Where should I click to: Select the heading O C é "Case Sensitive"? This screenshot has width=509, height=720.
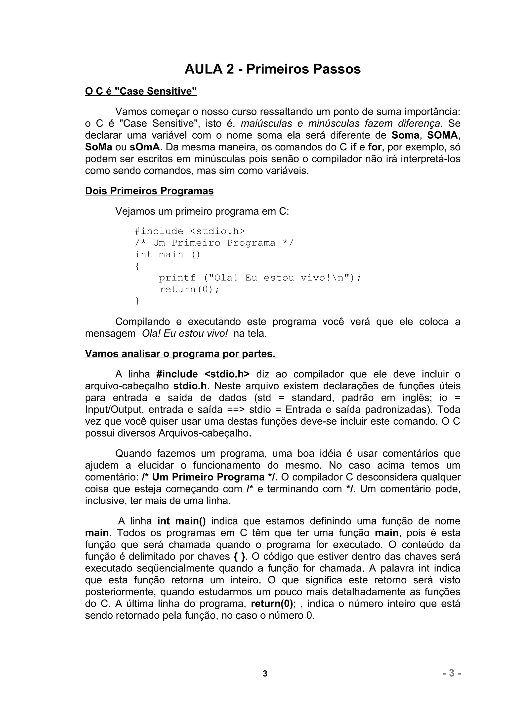point(141,91)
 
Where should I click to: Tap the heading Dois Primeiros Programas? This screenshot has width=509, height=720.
point(149,191)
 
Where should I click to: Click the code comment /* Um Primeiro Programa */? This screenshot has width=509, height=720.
point(214,243)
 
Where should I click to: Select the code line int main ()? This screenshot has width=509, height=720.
point(167,255)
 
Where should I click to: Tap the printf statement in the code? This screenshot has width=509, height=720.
point(260,278)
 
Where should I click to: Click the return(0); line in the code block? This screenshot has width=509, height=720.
point(189,289)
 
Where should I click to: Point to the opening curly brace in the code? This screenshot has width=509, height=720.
point(137,266)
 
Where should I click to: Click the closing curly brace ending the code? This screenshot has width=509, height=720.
point(137,301)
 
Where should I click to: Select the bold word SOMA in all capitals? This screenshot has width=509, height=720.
point(442,135)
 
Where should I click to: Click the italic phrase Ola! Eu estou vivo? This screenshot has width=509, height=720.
point(185,333)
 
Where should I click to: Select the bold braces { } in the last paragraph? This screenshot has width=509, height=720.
point(240,557)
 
